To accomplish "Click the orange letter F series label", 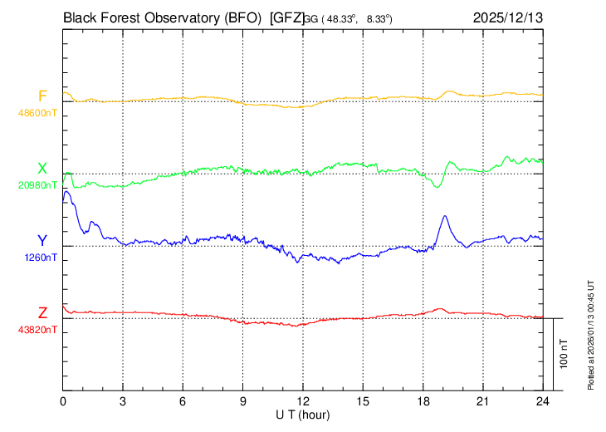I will pos(42,96).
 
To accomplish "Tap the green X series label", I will pos(42,169).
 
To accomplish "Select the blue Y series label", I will pos(42,241).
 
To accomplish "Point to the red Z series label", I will pos(42,313).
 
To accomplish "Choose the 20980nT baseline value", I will pos(38,184).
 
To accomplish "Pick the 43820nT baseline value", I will pos(38,330).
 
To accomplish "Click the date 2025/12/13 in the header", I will pos(507,17).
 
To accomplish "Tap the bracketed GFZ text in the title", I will pos(286,17).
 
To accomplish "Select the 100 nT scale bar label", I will pos(564,354).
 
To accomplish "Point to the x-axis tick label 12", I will pos(303,402).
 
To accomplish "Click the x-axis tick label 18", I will pos(423,402).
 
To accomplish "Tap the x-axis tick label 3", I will pos(123,402).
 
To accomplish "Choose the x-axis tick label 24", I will pos(542,402).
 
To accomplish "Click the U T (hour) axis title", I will pos(303,414).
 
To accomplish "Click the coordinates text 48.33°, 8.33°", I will pos(357,17).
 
